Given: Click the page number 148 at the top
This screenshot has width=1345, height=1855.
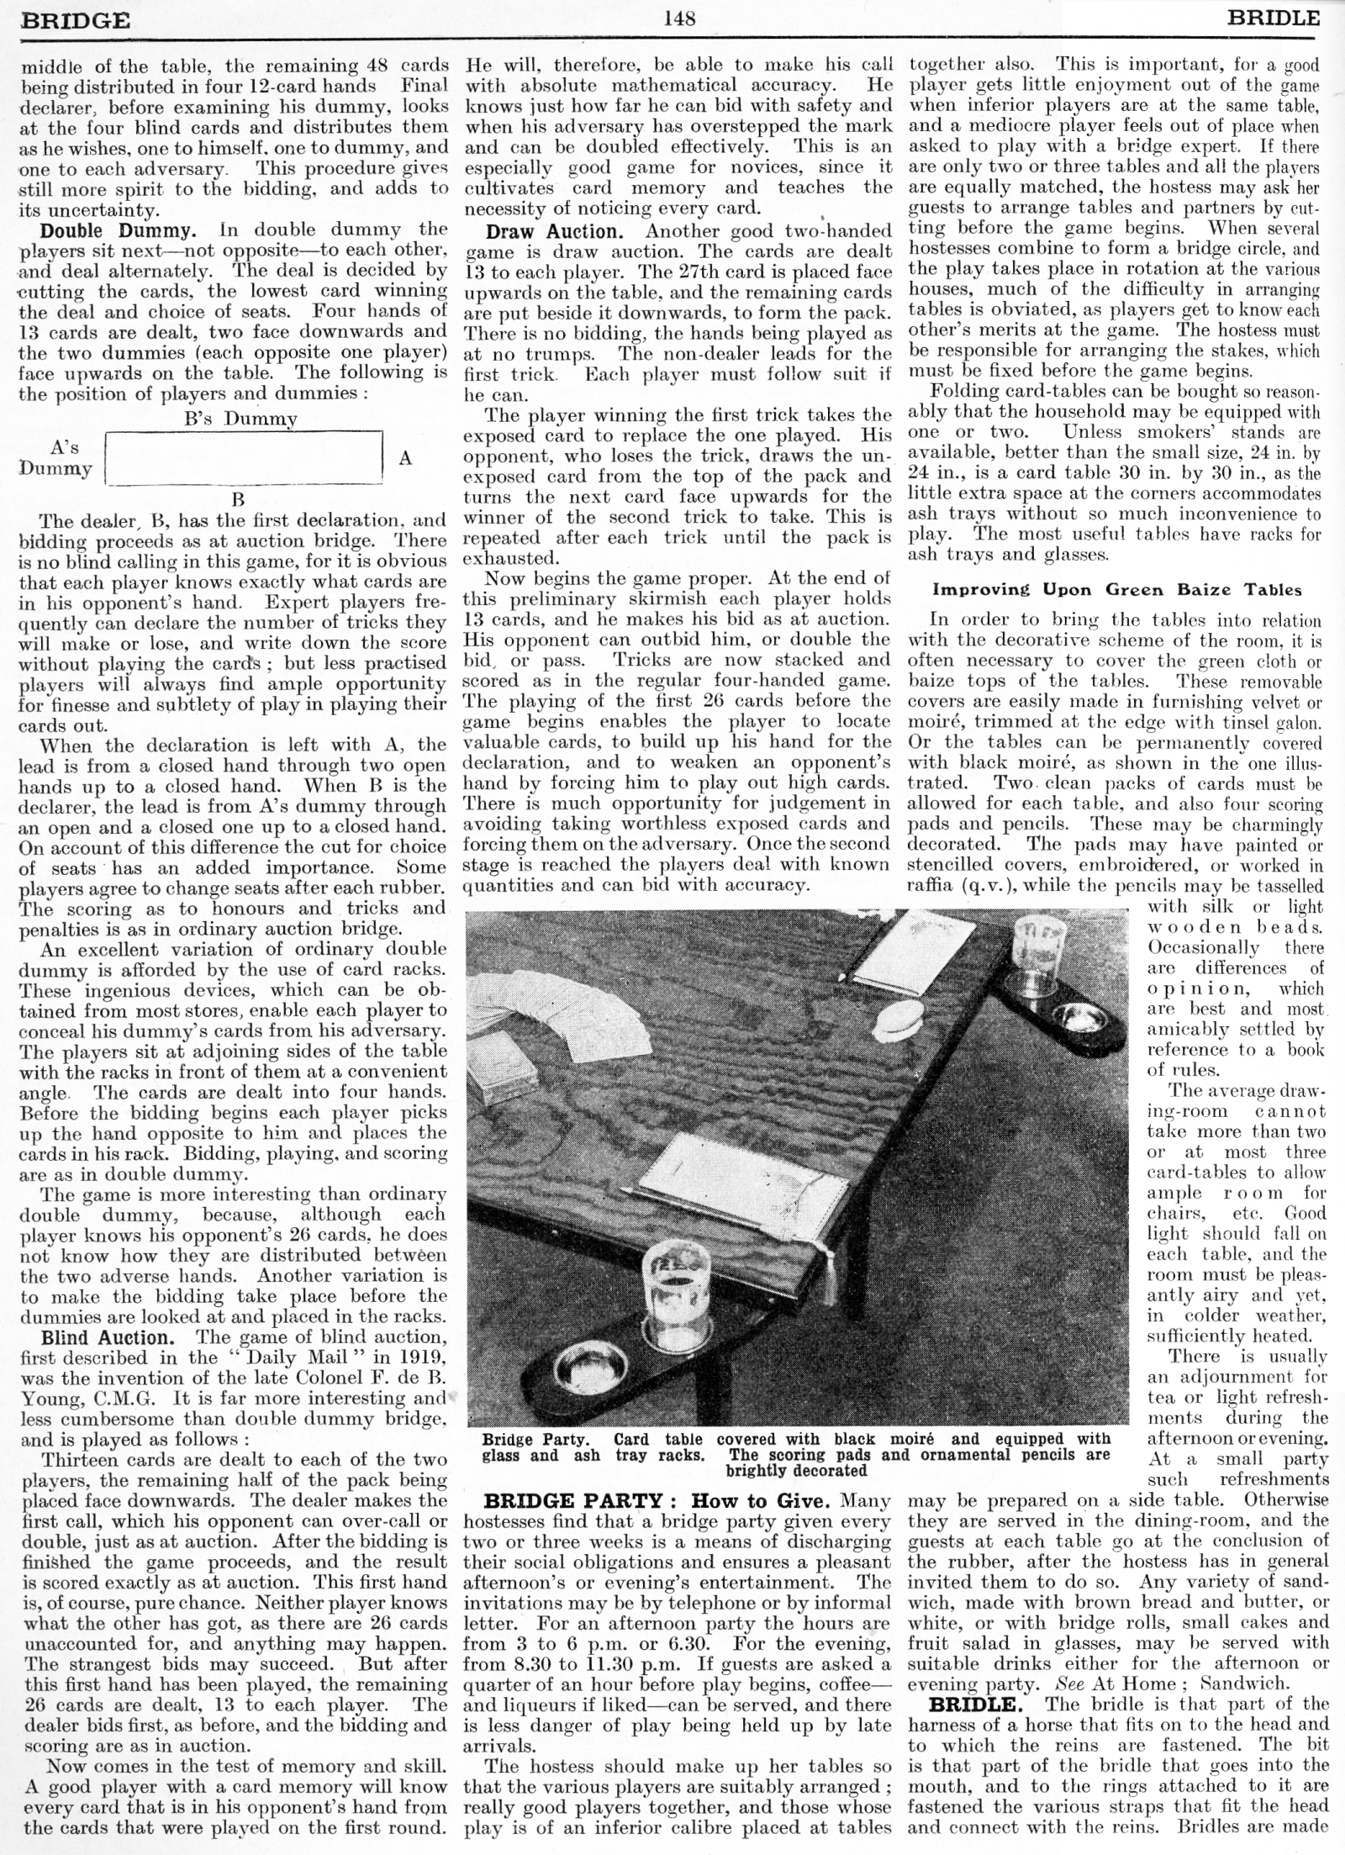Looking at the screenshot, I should pyautogui.click(x=678, y=18).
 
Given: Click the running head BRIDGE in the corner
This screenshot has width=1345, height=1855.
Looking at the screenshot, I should pyautogui.click(x=76, y=19).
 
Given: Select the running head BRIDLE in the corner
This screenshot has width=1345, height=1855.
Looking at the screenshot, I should pyautogui.click(x=1274, y=18).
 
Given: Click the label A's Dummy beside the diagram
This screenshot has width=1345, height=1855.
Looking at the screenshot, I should pyautogui.click(x=57, y=458).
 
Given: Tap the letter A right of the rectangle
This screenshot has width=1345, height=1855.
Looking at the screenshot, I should pyautogui.click(x=405, y=459).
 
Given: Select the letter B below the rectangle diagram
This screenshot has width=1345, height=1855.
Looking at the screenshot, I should pyautogui.click(x=238, y=498).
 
